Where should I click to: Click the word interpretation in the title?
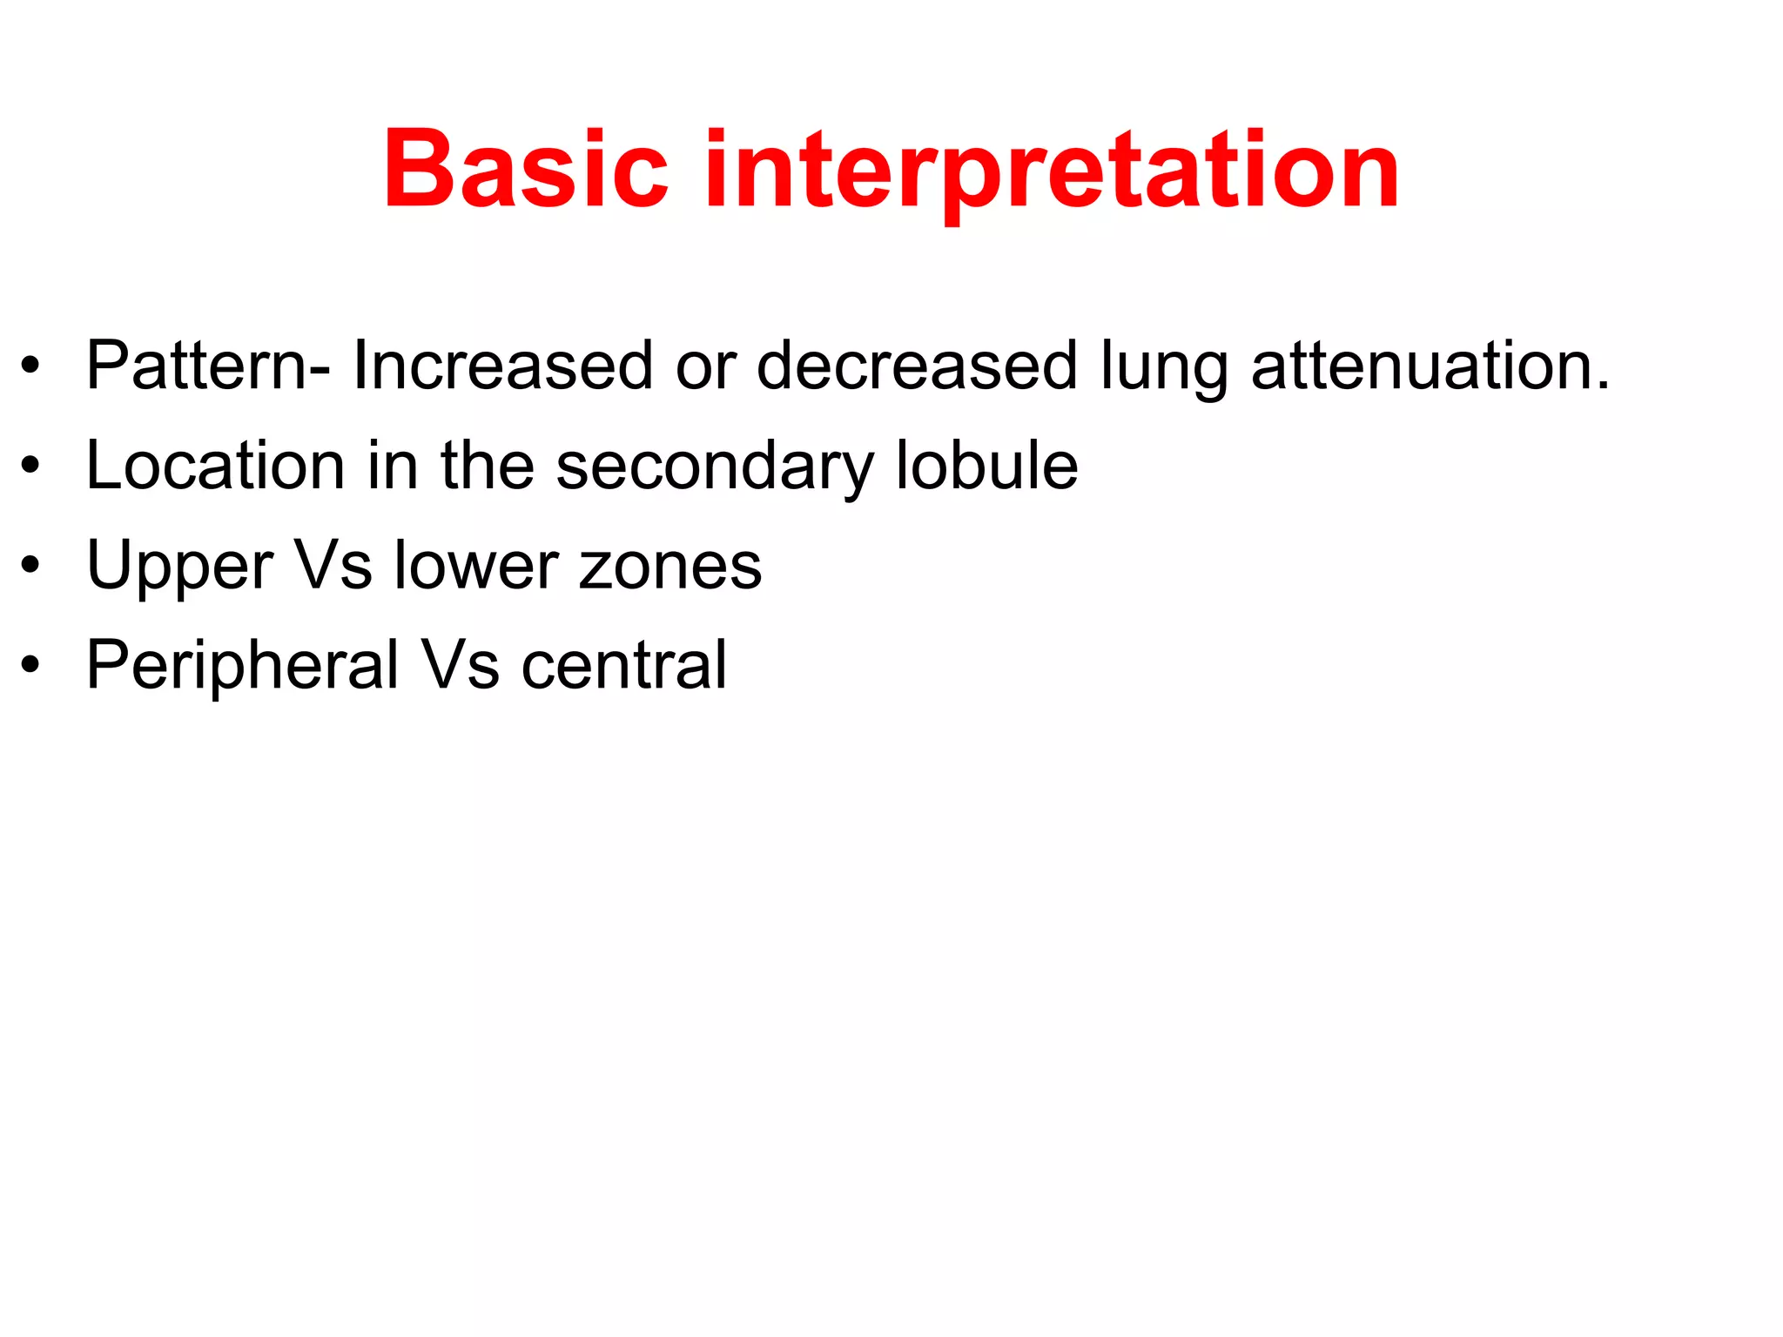coord(1052,170)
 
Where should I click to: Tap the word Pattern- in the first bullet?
coord(208,366)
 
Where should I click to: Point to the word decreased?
coord(917,366)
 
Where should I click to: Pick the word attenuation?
coord(1430,366)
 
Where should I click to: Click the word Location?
coord(216,466)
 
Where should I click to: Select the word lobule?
coord(986,466)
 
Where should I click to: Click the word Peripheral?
coord(242,666)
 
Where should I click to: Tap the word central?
coord(623,666)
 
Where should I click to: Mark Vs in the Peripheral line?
coord(461,666)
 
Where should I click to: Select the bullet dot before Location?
coord(31,467)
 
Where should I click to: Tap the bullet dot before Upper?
coord(31,567)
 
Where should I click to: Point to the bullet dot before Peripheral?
coord(31,666)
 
